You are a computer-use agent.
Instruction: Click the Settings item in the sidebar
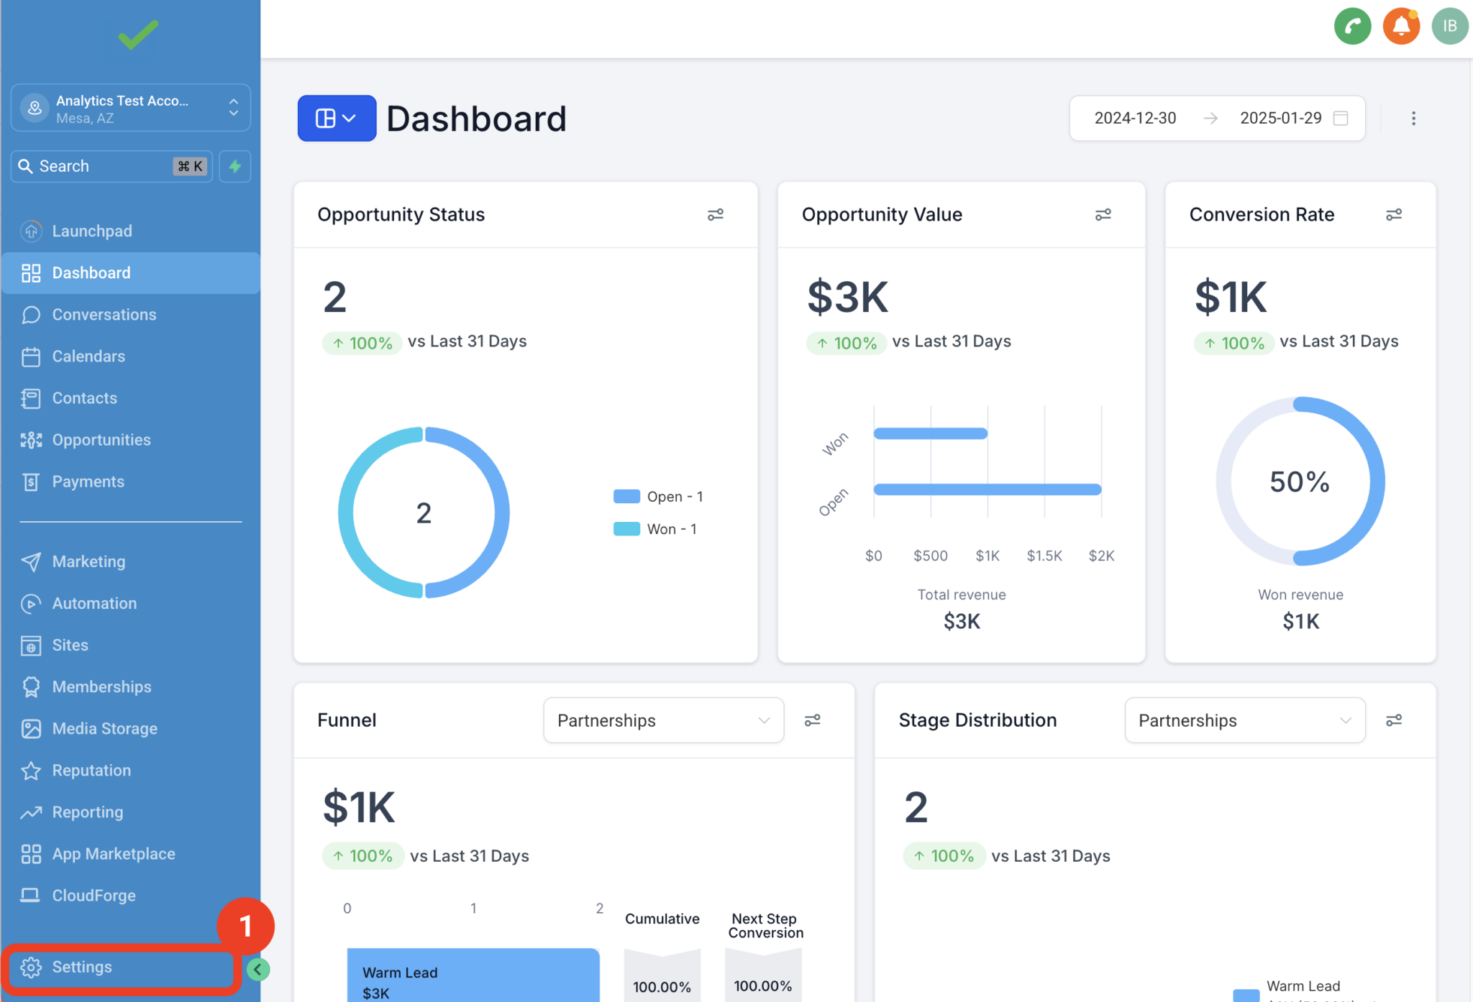tap(81, 967)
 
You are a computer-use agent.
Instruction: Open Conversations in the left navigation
tap(104, 315)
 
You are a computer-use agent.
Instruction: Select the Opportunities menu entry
tap(101, 440)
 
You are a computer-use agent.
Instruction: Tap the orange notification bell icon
tap(1401, 27)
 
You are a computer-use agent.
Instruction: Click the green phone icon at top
tap(1352, 27)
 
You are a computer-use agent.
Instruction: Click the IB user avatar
tap(1449, 27)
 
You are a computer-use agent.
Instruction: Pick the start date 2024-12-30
tap(1135, 118)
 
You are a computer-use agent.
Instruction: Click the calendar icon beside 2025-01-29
tap(1341, 118)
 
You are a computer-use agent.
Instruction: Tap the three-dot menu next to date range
tap(1413, 118)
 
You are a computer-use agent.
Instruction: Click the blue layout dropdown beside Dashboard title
tap(337, 118)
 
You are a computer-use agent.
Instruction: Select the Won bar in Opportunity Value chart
tap(930, 433)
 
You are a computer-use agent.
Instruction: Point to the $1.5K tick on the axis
tap(1044, 556)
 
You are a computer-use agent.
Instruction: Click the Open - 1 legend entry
tap(658, 497)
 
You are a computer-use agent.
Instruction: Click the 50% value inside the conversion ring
tap(1299, 482)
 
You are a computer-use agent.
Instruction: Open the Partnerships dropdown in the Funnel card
tap(663, 720)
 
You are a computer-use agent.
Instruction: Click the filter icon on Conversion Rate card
tap(1394, 214)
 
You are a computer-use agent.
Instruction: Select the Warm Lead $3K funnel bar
tap(473, 978)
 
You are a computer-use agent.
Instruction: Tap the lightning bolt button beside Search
tap(235, 166)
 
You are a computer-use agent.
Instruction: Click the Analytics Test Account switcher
tap(130, 109)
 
